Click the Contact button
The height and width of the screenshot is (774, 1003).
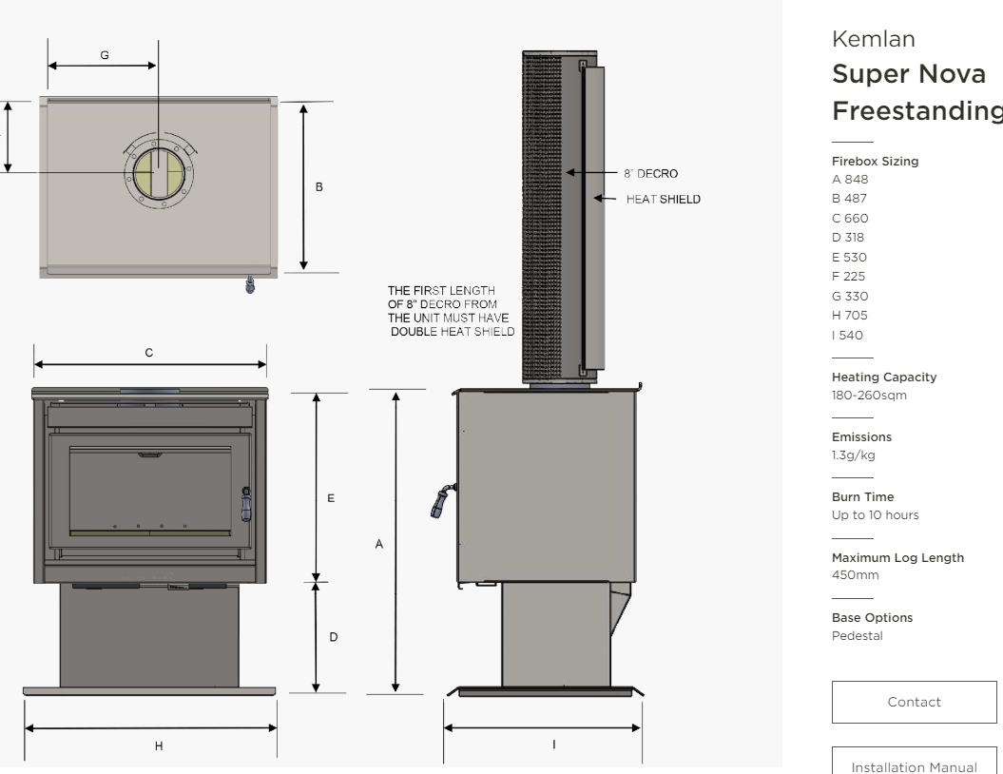[914, 702]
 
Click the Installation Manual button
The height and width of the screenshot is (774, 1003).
[914, 763]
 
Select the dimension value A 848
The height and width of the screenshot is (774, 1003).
[850, 180]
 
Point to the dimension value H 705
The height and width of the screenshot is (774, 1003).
[850, 316]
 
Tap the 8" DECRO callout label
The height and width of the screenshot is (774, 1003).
[650, 174]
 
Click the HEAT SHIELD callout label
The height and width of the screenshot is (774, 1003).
[663, 199]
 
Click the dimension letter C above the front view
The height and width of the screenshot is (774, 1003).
[148, 352]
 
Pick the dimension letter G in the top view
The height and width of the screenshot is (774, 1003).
[104, 55]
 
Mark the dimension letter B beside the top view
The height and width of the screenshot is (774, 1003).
[319, 186]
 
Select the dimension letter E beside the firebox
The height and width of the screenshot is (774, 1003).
[331, 497]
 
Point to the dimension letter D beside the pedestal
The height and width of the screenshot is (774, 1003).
[333, 637]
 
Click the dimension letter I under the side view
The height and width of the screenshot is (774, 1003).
[553, 745]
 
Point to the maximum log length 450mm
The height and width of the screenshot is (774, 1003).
[855, 575]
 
